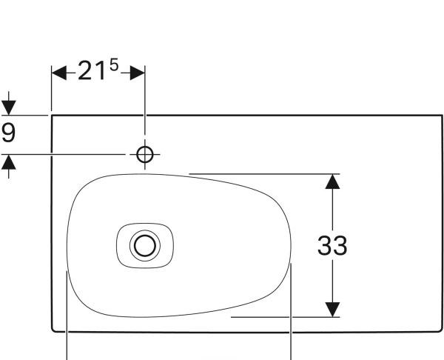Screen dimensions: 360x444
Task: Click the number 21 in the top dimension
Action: tap(92, 73)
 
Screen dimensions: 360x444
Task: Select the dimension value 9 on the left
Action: tap(8, 133)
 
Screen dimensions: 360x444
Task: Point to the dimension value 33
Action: tap(332, 246)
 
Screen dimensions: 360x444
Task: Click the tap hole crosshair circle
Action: tap(145, 154)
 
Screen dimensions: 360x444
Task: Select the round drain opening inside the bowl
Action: tap(144, 244)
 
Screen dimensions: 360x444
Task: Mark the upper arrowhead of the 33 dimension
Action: tap(333, 181)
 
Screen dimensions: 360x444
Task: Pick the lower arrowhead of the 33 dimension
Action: tap(333, 310)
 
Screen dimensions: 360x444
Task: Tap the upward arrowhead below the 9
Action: tap(8, 161)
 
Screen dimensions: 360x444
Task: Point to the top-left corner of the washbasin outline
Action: tap(51, 116)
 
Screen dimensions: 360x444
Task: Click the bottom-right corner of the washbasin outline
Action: tap(441, 330)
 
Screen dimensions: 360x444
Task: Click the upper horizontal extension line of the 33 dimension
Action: tap(259, 174)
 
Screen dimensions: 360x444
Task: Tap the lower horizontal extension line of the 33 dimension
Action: tap(281, 317)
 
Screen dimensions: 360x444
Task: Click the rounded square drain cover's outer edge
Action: tap(118, 244)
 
